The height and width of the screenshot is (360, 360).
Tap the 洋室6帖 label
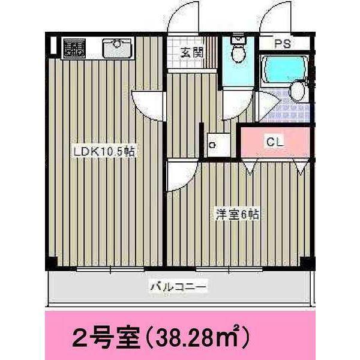click(x=238, y=214)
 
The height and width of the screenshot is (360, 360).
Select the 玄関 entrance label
click(x=191, y=52)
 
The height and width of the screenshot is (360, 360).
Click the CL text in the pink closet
click(x=274, y=142)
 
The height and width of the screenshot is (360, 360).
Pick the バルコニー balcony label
click(x=178, y=287)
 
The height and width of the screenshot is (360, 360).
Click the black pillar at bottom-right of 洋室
click(x=307, y=262)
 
